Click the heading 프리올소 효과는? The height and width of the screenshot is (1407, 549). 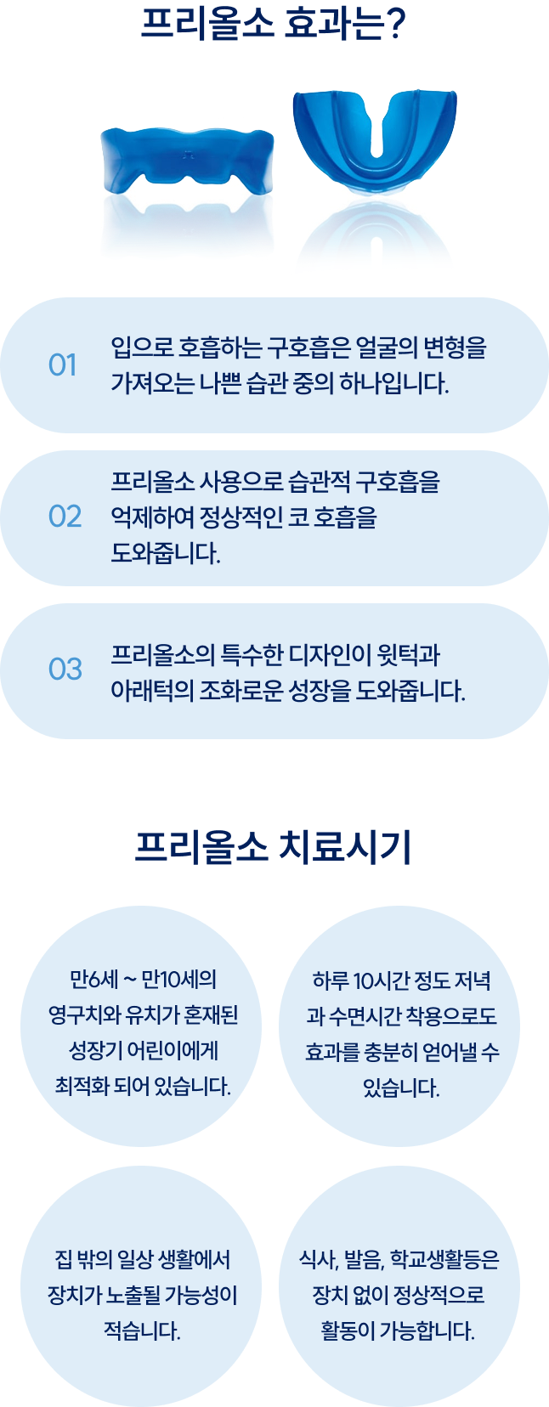click(274, 23)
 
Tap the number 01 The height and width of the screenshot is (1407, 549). click(62, 365)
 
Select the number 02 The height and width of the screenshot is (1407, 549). click(65, 517)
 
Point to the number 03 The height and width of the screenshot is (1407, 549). click(65, 670)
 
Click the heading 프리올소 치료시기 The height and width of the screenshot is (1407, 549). click(274, 847)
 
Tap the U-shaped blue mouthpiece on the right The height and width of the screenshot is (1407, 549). click(374, 136)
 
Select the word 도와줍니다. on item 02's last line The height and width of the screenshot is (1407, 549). click(166, 553)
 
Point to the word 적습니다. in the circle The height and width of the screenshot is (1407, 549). click(142, 1331)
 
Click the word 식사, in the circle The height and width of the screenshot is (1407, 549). click(320, 1259)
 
